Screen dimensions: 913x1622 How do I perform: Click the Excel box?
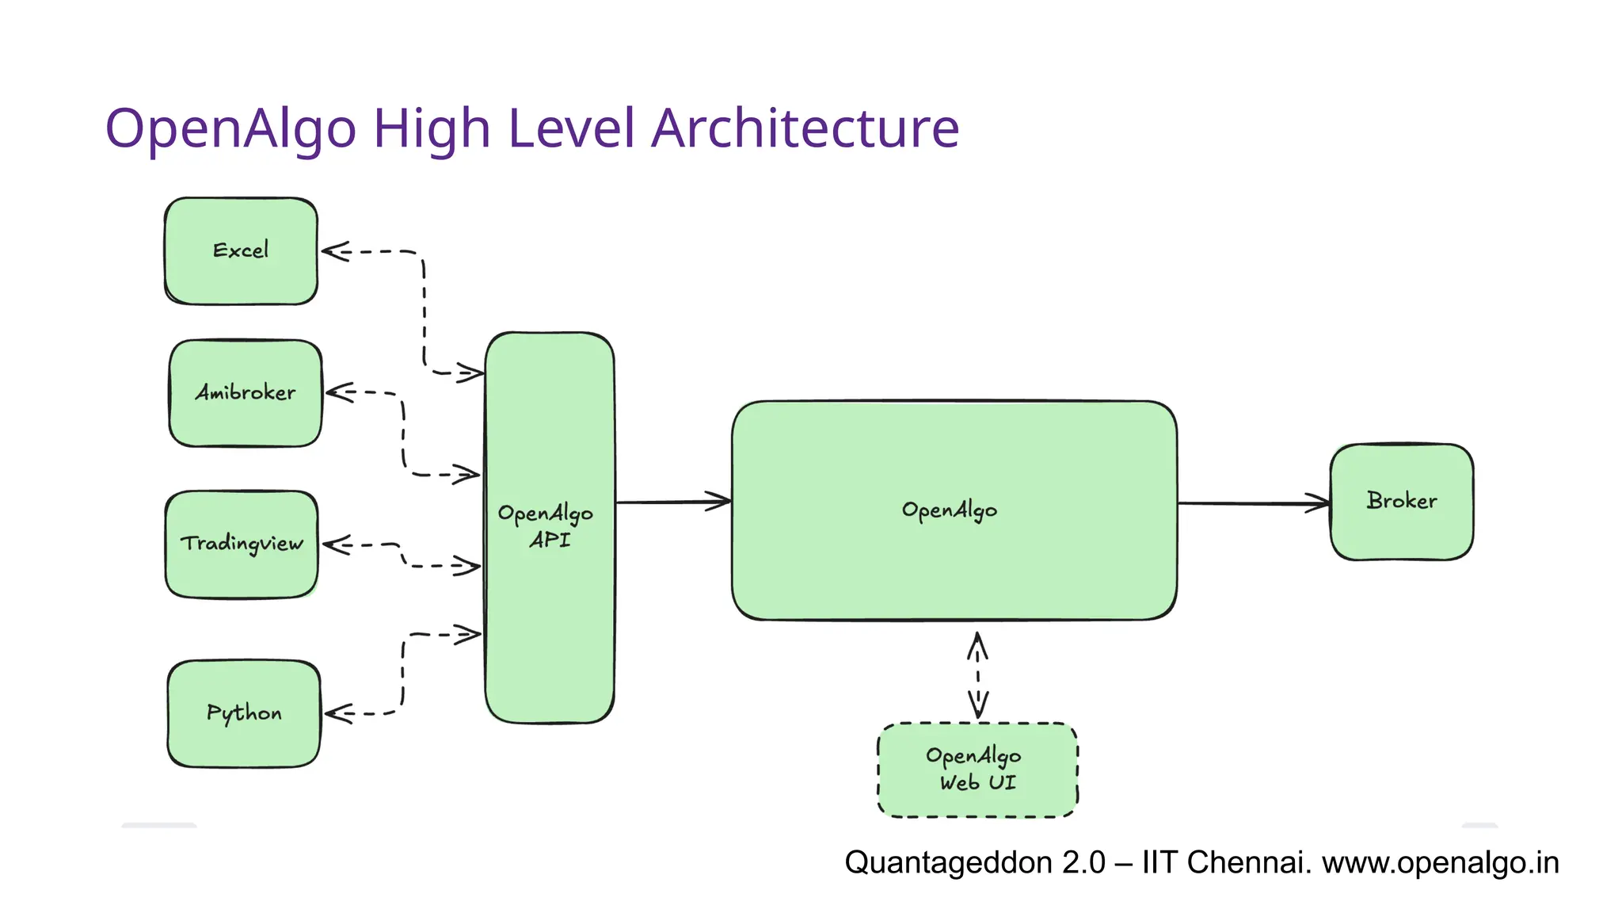(x=241, y=251)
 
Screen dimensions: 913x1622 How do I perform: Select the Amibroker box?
(x=246, y=393)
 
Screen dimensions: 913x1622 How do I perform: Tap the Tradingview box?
(x=242, y=544)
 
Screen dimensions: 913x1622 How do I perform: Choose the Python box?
(x=244, y=713)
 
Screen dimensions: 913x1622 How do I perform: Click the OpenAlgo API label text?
(x=546, y=526)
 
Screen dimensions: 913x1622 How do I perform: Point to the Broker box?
(x=1401, y=502)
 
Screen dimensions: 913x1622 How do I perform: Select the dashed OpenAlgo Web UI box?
(x=977, y=770)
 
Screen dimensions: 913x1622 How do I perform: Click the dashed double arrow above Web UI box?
(x=978, y=674)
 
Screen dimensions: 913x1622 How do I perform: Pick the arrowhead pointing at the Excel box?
(x=334, y=252)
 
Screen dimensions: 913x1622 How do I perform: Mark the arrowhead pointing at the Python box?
(x=337, y=714)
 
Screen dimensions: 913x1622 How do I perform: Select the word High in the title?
(x=432, y=128)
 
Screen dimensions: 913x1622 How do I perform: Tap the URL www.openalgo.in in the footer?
(x=1440, y=862)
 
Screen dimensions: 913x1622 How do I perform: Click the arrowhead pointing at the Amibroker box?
(x=339, y=392)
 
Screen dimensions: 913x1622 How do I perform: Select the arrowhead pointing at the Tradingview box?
(x=336, y=545)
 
